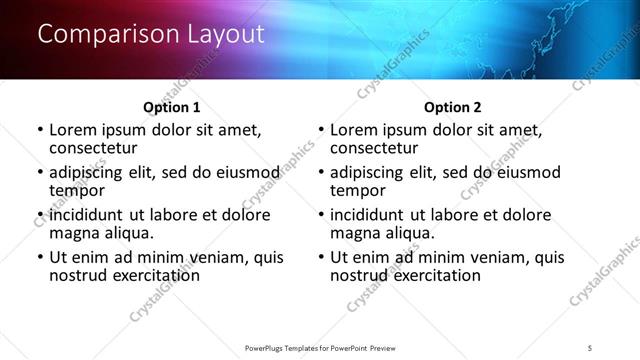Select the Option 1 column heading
click(x=173, y=107)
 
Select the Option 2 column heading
click(x=453, y=107)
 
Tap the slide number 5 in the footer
click(x=590, y=346)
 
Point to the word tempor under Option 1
click(x=77, y=191)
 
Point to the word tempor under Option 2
click(x=358, y=191)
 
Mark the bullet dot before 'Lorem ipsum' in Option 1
click(x=40, y=130)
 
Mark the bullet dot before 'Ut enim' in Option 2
click(x=321, y=258)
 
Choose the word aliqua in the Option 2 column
click(x=411, y=233)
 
